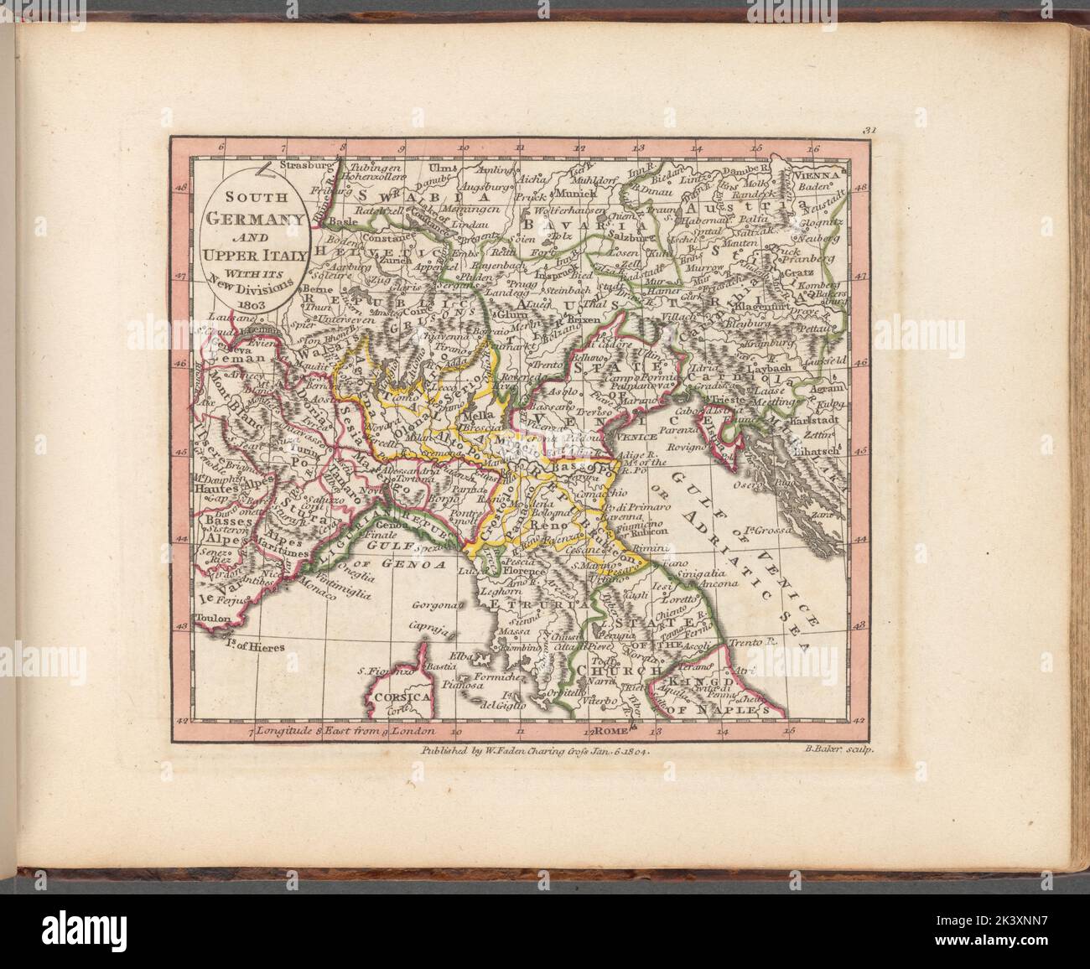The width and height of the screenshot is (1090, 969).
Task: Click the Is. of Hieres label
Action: pyautogui.click(x=254, y=646)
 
